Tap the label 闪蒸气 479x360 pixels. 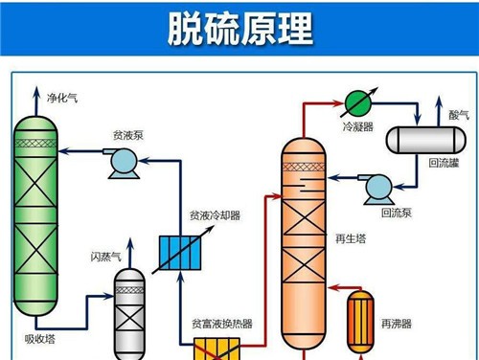pos(104,256)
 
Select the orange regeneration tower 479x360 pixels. pos(306,239)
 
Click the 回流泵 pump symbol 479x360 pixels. pos(377,186)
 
